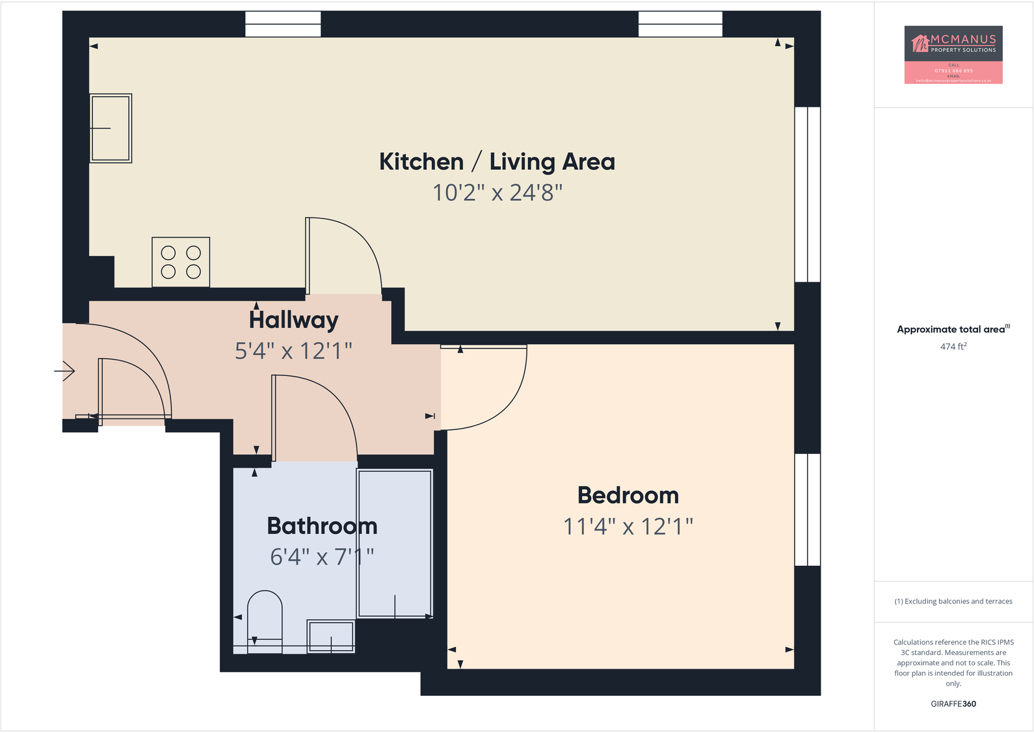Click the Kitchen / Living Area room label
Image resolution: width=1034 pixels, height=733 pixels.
pos(497,162)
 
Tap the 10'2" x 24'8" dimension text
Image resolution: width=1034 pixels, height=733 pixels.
pos(497,193)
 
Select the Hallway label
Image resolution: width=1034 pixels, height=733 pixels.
pos(294,320)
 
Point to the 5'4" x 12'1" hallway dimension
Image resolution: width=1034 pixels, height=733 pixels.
pos(293,351)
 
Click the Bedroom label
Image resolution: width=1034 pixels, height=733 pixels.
pos(628,496)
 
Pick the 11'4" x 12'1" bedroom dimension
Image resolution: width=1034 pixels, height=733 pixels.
pos(628,526)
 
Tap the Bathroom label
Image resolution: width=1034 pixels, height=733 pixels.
pos(322,526)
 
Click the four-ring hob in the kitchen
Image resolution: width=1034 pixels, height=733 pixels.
pos(181,262)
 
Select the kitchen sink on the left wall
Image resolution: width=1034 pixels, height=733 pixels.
pos(111,128)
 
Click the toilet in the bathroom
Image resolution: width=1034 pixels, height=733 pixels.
pos(265,621)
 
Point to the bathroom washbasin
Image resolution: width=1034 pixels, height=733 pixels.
pos(331,636)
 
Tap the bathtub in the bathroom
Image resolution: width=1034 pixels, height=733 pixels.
pos(395,543)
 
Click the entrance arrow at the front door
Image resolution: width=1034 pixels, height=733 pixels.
pos(64,371)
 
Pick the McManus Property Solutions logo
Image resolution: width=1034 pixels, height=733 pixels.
pos(953,55)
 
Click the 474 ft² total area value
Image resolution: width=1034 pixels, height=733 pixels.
pos(953,347)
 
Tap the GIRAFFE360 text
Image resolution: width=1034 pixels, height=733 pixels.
pos(953,704)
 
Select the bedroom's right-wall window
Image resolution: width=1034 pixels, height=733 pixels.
pos(807,509)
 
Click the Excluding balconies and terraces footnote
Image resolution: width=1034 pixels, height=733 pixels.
pos(953,602)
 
